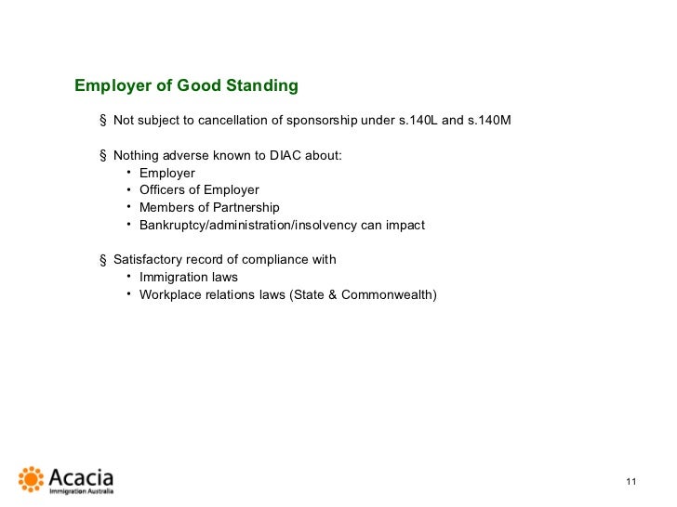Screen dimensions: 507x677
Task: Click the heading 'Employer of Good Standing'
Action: pyautogui.click(x=186, y=86)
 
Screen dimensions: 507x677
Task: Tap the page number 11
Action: pyautogui.click(x=631, y=481)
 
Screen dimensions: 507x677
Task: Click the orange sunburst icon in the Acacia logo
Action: pyautogui.click(x=32, y=479)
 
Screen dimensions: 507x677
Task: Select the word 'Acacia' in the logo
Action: pyautogui.click(x=80, y=477)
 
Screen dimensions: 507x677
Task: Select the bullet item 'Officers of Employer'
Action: pyautogui.click(x=199, y=190)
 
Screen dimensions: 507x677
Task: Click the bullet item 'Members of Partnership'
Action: pyautogui.click(x=209, y=207)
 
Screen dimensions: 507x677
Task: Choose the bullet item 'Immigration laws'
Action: pyautogui.click(x=189, y=277)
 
